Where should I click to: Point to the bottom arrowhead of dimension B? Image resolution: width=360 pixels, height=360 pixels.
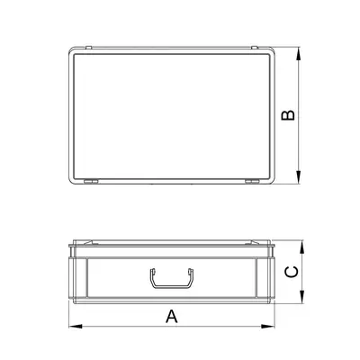(x=300, y=182)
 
